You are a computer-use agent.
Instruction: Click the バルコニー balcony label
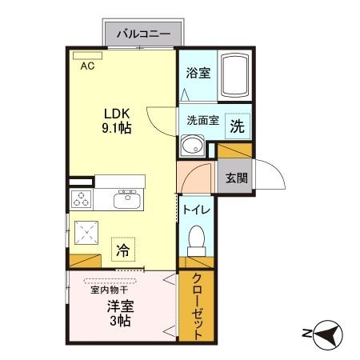point(144,34)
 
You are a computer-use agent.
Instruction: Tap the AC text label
point(87,67)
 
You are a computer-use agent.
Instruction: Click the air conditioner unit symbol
point(82,56)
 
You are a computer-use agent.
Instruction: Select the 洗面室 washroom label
point(202,121)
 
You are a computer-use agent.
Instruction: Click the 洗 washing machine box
point(238,126)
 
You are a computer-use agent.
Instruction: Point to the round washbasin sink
point(192,146)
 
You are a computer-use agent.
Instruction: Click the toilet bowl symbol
point(198,238)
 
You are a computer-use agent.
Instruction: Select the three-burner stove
point(82,199)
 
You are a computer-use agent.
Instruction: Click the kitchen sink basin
point(126,200)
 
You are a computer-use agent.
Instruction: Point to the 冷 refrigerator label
point(122,249)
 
